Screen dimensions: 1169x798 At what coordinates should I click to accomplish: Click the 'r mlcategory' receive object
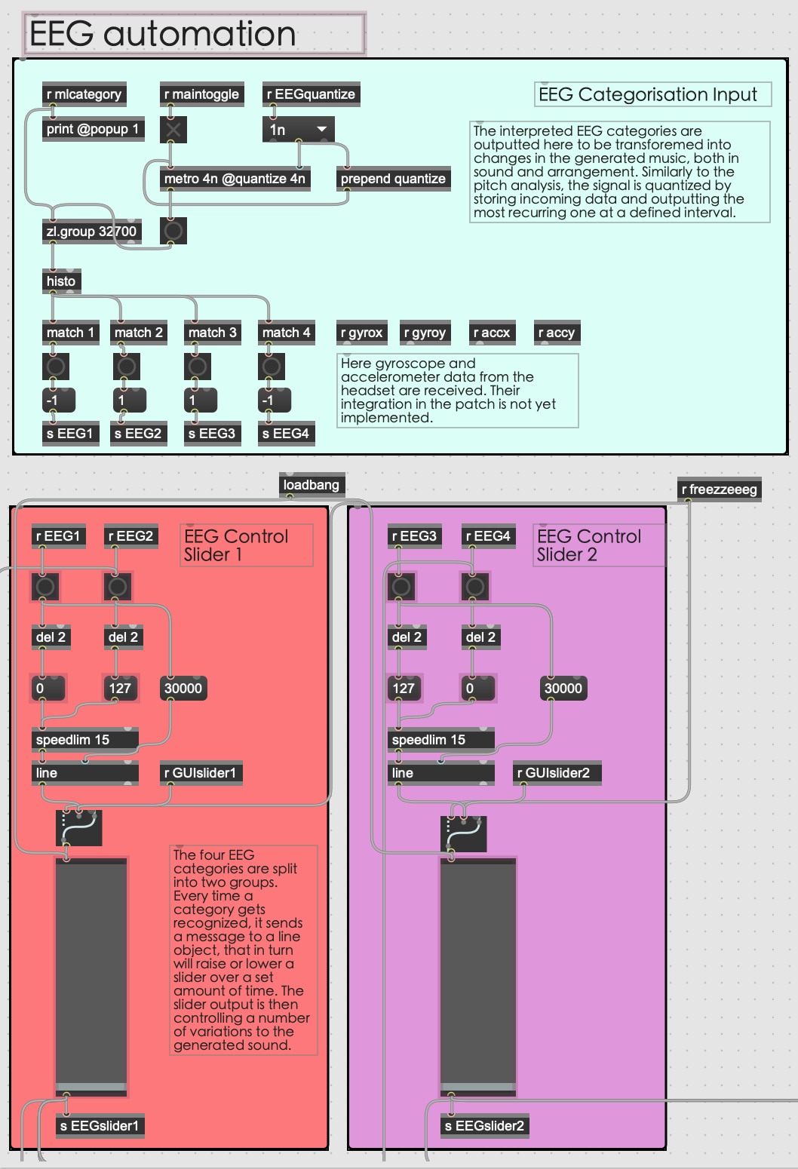(x=84, y=94)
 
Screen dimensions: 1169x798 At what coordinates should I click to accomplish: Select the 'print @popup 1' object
(x=92, y=129)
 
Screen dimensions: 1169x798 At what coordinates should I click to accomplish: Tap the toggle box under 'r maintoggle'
(x=173, y=130)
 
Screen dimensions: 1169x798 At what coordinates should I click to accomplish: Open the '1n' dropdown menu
(x=299, y=130)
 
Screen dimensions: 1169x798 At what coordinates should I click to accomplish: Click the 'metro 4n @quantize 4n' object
(x=235, y=179)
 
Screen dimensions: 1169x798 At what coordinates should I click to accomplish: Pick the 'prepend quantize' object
(x=393, y=179)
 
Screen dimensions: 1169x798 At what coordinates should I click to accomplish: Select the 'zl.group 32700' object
(x=91, y=232)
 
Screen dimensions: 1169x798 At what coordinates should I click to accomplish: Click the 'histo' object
(x=61, y=281)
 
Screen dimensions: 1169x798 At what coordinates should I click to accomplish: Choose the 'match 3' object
(x=212, y=333)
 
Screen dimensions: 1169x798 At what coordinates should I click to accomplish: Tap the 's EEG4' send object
(x=285, y=434)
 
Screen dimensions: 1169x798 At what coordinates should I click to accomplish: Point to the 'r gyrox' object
(x=362, y=333)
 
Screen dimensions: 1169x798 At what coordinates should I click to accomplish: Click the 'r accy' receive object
(x=557, y=333)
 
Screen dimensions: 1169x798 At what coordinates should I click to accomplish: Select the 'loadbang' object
(x=311, y=485)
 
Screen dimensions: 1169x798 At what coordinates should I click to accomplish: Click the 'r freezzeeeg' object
(x=719, y=489)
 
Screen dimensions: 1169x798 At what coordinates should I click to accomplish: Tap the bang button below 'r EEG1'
(x=45, y=586)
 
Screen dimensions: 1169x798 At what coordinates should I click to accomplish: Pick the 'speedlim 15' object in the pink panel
(x=440, y=740)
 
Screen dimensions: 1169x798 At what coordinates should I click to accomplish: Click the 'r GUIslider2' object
(x=557, y=773)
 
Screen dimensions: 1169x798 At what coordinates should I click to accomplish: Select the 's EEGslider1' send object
(x=100, y=1126)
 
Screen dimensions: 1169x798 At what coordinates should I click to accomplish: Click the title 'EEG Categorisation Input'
(x=647, y=94)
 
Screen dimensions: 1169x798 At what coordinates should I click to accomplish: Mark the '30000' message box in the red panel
(x=183, y=688)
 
